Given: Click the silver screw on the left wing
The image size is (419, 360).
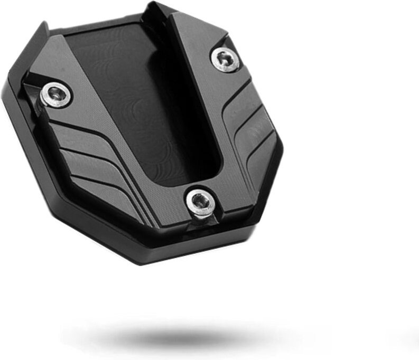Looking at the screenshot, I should (57, 94).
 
